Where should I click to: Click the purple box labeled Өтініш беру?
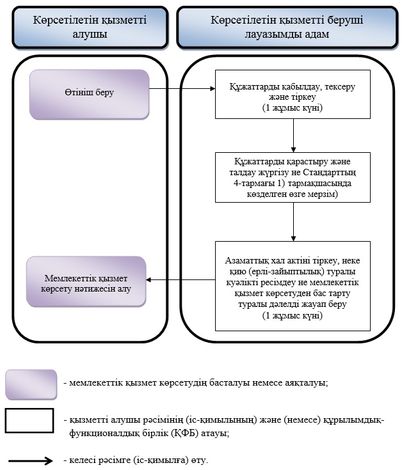point(89,95)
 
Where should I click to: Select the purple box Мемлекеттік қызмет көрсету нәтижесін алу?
point(86,281)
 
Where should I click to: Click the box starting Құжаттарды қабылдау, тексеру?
point(293,95)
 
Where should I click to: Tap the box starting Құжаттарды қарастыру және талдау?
point(293,177)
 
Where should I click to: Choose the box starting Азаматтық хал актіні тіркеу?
point(293,286)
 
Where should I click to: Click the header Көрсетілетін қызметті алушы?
point(90,27)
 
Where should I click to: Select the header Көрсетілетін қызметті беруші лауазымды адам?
point(287,27)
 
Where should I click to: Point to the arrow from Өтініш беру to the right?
point(182,88)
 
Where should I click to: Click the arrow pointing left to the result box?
point(181,280)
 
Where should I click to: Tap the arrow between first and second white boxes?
point(293,136)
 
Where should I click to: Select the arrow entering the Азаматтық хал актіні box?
point(293,222)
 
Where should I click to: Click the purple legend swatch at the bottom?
point(31,384)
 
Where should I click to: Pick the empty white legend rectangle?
point(29,420)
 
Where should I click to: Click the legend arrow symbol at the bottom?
point(31,460)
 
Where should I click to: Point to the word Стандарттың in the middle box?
point(330,173)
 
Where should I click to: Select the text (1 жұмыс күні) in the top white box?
point(293,107)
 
